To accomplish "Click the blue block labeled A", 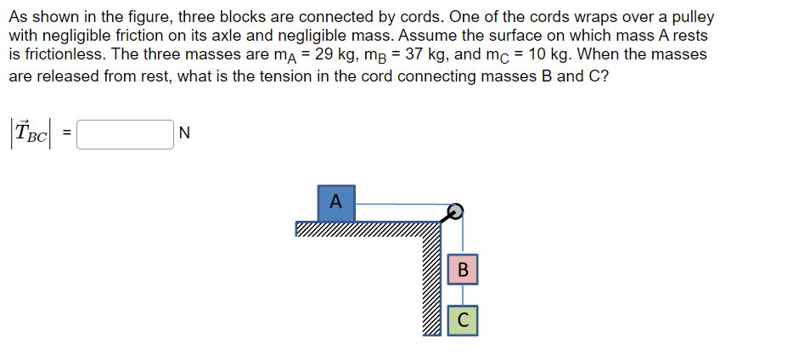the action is [336, 202].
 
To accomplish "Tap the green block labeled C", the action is [462, 320].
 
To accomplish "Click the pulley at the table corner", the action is [455, 211].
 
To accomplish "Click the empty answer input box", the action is [125, 133].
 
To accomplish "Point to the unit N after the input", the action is [186, 133].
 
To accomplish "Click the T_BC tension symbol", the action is [32, 133].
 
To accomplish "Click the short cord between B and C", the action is [462, 295].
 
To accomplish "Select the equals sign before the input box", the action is [67, 133].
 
